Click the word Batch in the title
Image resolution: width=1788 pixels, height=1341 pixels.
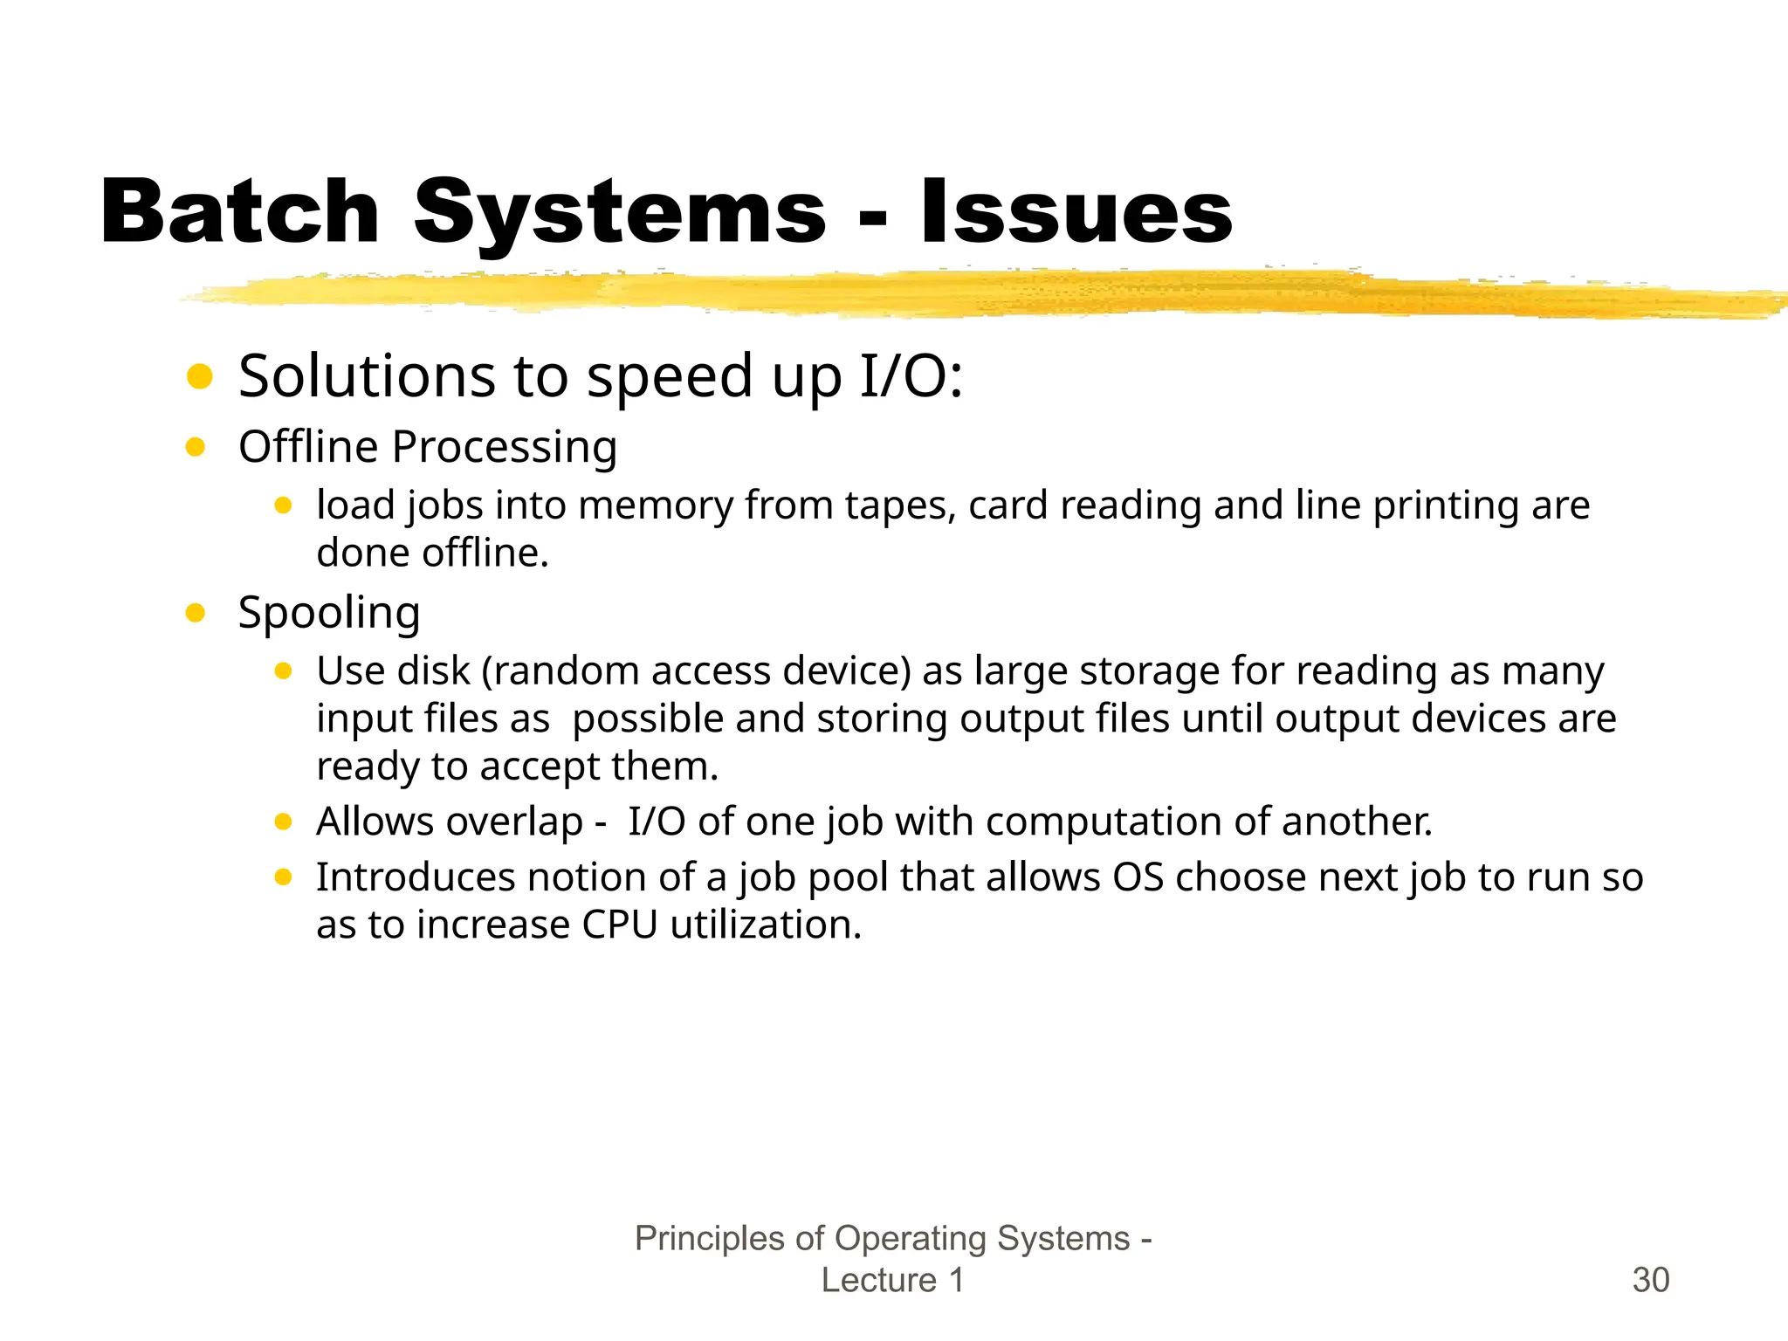pyautogui.click(x=240, y=212)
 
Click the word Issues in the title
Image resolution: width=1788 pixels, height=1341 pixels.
pyautogui.click(x=1076, y=212)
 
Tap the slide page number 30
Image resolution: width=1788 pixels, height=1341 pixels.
pyautogui.click(x=1650, y=1280)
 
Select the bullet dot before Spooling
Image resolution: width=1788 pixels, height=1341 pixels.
pyautogui.click(x=196, y=613)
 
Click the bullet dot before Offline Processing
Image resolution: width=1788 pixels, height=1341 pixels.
pyautogui.click(x=196, y=448)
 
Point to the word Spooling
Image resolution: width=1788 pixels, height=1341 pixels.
pyautogui.click(x=329, y=613)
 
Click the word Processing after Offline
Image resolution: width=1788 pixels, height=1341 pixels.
pyautogui.click(x=505, y=448)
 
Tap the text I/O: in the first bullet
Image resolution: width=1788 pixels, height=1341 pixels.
pyautogui.click(x=911, y=376)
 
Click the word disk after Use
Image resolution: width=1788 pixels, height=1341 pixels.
pyautogui.click(x=433, y=671)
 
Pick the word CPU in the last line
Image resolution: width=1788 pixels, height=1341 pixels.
pyautogui.click(x=620, y=925)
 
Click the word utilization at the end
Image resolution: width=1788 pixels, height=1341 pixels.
pyautogui.click(x=766, y=925)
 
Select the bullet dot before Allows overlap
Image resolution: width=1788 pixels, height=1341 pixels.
pyautogui.click(x=283, y=822)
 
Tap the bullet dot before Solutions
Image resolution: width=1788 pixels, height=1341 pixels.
pyautogui.click(x=200, y=376)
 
